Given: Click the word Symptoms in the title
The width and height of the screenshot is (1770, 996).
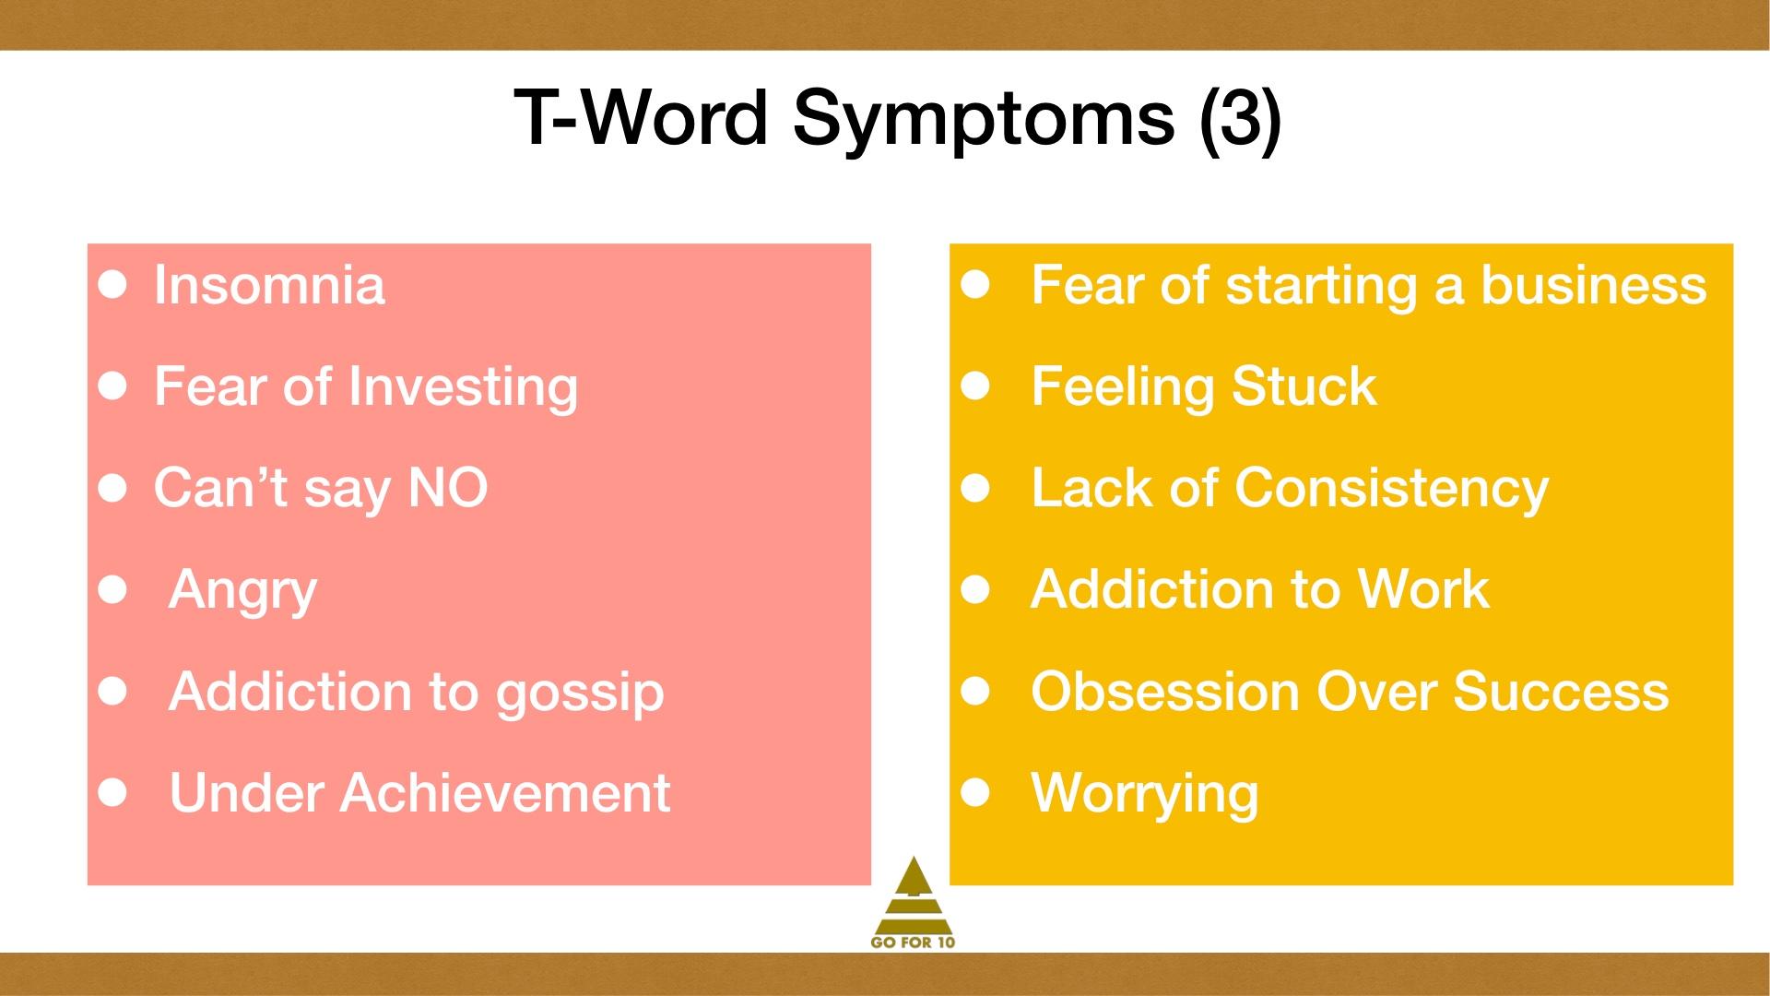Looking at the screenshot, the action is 984,120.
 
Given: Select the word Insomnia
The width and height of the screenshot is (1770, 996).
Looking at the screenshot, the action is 269,284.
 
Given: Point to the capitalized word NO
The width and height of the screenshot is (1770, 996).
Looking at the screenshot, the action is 448,488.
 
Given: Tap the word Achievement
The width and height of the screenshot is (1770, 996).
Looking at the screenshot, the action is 505,793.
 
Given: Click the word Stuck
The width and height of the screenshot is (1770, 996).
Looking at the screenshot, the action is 1304,386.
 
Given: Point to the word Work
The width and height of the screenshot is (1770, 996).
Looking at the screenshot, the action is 1423,589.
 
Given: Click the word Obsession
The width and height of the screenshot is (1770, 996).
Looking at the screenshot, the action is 1165,692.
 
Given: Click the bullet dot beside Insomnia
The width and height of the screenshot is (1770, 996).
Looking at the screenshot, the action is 113,285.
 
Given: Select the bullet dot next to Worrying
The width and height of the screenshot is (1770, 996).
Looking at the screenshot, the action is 975,792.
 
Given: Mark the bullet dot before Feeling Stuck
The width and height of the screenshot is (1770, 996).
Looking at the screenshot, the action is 975,386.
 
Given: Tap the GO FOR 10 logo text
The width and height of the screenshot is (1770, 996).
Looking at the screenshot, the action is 914,943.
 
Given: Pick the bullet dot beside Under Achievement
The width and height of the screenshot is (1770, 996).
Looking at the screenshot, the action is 113,792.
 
